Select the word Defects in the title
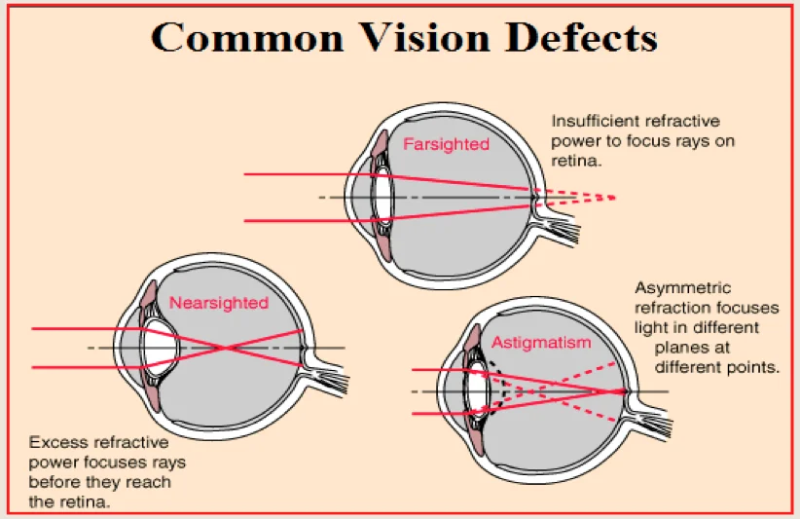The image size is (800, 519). click(x=581, y=37)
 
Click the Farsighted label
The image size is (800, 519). click(x=447, y=144)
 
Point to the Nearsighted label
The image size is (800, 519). click(x=219, y=303)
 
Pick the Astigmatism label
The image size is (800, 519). click(x=541, y=344)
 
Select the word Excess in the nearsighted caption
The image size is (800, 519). click(x=55, y=441)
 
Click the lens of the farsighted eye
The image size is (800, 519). click(x=382, y=198)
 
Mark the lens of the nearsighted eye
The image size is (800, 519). click(x=162, y=348)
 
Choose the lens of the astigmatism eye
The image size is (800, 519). click(x=477, y=391)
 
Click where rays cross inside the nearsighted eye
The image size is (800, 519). click(x=225, y=348)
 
